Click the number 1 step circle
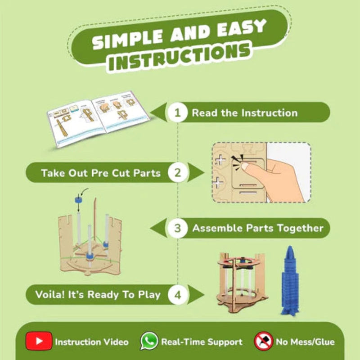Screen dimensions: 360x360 [177, 112]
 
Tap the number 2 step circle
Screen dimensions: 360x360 [178, 173]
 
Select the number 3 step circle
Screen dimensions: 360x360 [177, 228]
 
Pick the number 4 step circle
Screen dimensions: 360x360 [178, 295]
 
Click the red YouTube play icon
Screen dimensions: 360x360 [39, 341]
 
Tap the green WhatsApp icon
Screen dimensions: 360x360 [149, 341]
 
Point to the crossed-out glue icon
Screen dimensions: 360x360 [264, 341]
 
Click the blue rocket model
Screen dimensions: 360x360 [290, 280]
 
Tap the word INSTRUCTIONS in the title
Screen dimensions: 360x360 [180, 56]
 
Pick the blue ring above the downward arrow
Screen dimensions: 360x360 [78, 199]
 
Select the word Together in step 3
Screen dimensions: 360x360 [300, 228]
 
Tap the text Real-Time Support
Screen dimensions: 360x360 [202, 342]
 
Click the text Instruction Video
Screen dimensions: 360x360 [92, 342]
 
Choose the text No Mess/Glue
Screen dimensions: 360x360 [306, 342]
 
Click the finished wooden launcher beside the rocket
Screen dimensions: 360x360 [242, 283]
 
